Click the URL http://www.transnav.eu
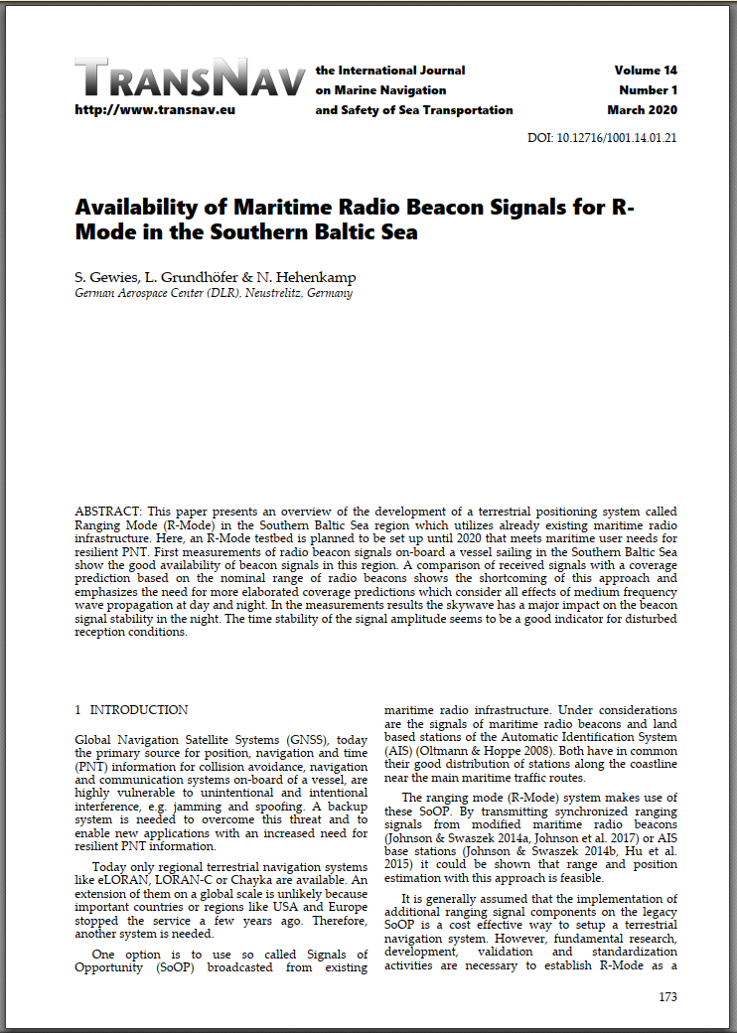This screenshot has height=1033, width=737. [x=155, y=110]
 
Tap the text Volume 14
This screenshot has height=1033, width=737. [x=646, y=71]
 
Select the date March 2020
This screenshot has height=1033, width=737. [x=643, y=110]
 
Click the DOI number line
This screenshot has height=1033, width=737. [x=602, y=138]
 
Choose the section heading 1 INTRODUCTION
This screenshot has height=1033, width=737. [x=131, y=710]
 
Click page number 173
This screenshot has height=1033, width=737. [x=667, y=996]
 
